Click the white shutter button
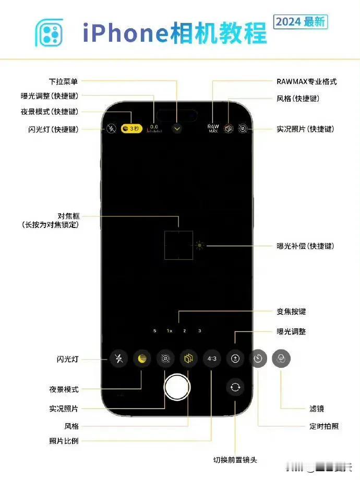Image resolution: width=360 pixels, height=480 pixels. click(176, 387)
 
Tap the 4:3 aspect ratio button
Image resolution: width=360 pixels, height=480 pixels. click(212, 358)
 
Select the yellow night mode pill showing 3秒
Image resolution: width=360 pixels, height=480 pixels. click(131, 128)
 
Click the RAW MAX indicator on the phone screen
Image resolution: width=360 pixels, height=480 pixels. click(213, 128)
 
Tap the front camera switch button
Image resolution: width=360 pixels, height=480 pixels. click(235, 387)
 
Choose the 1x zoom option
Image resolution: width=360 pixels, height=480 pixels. click(169, 331)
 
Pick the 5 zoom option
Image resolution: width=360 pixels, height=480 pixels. click(154, 331)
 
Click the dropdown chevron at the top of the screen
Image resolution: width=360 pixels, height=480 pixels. click(177, 128)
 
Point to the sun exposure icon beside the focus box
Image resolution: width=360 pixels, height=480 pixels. click(199, 245)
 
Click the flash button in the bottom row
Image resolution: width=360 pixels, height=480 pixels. click(119, 358)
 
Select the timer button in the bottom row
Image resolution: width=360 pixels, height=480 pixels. click(258, 358)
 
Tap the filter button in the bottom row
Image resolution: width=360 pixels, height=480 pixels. click(281, 358)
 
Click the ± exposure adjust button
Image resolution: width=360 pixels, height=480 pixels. click(235, 358)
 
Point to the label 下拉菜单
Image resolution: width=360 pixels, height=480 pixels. click(64, 82)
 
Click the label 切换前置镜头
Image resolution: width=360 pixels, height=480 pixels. click(235, 460)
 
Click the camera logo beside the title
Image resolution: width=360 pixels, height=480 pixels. click(49, 32)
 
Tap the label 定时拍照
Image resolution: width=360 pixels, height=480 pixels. click(324, 426)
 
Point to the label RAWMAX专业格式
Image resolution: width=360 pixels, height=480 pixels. click(307, 82)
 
